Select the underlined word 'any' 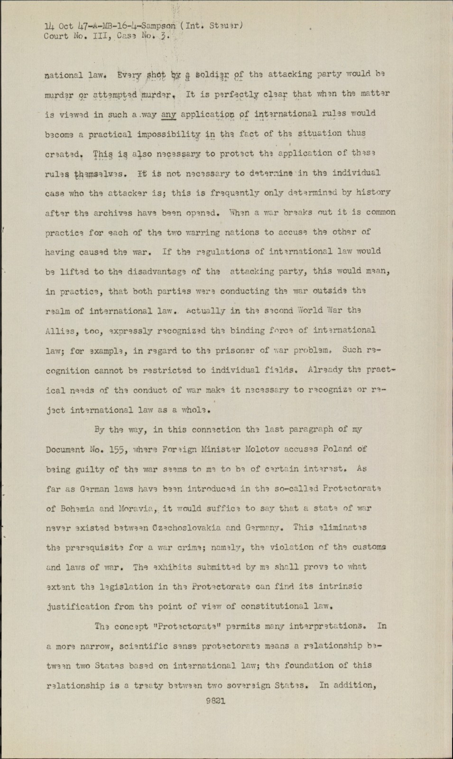(168, 114)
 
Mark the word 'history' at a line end (374, 193)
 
